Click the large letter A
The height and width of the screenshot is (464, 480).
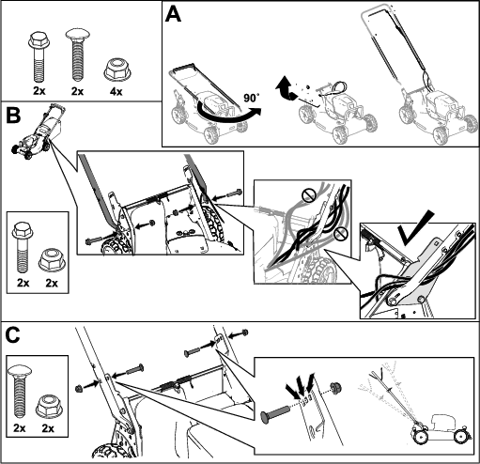(x=173, y=15)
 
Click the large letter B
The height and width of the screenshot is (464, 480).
(x=13, y=115)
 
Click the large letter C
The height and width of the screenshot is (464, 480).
(x=13, y=334)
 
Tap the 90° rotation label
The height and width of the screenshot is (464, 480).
(x=251, y=98)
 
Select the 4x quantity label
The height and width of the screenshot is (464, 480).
(x=116, y=91)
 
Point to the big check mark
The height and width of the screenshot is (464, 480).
(x=415, y=228)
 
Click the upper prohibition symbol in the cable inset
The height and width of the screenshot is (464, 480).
(x=308, y=196)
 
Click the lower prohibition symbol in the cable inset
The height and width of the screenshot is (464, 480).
(x=341, y=234)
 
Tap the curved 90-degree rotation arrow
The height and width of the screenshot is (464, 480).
(x=228, y=117)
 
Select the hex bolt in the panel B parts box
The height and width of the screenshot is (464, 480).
(x=23, y=247)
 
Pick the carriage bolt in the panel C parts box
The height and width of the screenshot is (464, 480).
(x=20, y=391)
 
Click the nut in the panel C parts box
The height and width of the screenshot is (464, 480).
(x=48, y=406)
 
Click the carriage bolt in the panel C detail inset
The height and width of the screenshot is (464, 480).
(x=276, y=414)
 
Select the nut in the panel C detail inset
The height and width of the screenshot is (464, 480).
(x=335, y=388)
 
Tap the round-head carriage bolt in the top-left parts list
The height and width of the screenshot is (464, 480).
(x=77, y=55)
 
